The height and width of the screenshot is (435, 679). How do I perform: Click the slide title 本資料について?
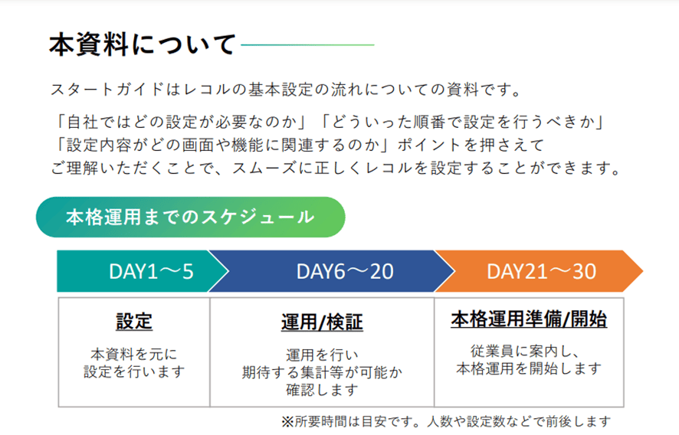pos(143,44)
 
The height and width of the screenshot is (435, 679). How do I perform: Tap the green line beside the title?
pos(307,44)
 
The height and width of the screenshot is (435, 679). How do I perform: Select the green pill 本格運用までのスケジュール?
pos(191,217)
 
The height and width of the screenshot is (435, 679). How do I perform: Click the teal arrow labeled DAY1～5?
pos(143,271)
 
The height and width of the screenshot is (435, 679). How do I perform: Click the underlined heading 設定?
pos(134,322)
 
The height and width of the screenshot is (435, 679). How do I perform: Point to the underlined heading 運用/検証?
pos(322,322)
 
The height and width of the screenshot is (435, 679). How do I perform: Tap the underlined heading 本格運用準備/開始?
pos(529,319)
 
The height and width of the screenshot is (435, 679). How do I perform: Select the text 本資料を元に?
pos(134,354)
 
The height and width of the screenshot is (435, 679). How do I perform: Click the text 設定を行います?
pos(134,371)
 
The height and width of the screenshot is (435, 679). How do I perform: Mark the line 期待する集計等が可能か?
pos(322,372)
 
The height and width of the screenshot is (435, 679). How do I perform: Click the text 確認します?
pos(322,390)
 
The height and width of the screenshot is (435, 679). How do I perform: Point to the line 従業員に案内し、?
pos(525,351)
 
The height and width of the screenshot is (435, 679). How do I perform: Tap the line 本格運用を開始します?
pos(529,368)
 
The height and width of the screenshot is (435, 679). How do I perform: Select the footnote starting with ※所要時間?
pos(446,421)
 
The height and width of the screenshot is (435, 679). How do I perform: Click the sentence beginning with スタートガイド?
pos(286,90)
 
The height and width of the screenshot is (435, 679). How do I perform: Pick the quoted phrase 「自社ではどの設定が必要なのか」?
pos(182,122)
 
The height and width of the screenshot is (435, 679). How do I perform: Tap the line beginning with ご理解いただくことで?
pos(336,168)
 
